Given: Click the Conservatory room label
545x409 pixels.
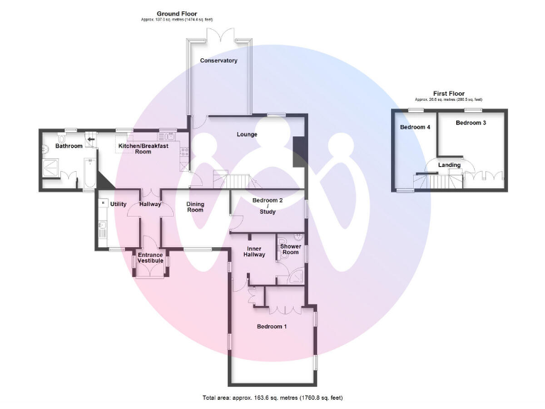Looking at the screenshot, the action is pyautogui.click(x=218, y=61).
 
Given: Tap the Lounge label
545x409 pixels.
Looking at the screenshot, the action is pyautogui.click(x=246, y=134).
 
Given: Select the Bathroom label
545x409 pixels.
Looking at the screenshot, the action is pyautogui.click(x=70, y=146).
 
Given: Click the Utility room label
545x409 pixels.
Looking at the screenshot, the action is pyautogui.click(x=118, y=204).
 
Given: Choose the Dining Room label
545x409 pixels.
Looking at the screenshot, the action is pyautogui.click(x=195, y=207).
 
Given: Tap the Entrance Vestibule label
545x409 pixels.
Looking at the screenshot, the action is pyautogui.click(x=150, y=258).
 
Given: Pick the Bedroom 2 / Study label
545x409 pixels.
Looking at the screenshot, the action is pyautogui.click(x=268, y=205).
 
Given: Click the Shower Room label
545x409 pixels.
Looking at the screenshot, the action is pyautogui.click(x=290, y=249).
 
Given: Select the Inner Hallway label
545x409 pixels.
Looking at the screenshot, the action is pyautogui.click(x=255, y=251).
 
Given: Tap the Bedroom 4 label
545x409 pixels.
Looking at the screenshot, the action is pyautogui.click(x=415, y=127).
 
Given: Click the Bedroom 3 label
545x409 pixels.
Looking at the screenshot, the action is pyautogui.click(x=470, y=123).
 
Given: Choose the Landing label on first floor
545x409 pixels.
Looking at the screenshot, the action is pyautogui.click(x=449, y=165).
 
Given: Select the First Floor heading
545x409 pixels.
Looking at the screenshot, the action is pyautogui.click(x=448, y=93).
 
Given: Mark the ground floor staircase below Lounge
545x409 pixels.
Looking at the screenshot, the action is pyautogui.click(x=238, y=181).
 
